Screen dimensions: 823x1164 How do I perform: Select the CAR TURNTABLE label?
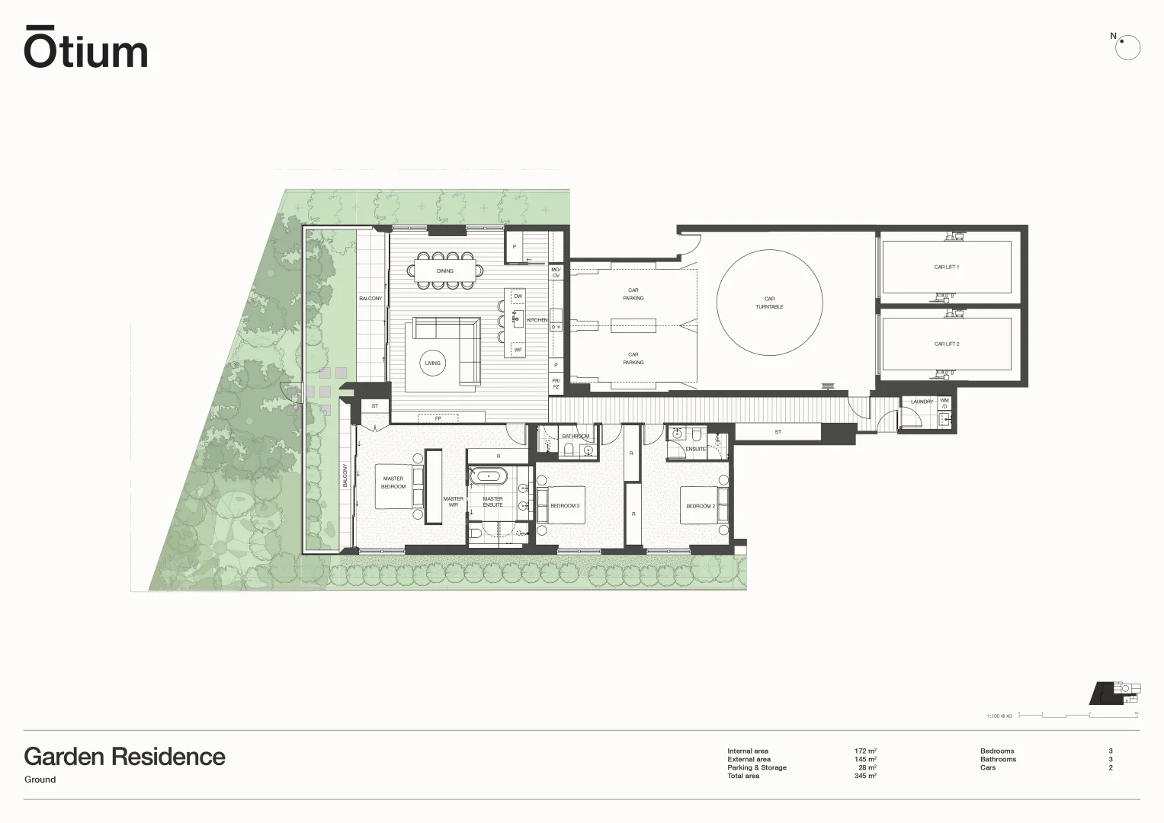click(x=769, y=303)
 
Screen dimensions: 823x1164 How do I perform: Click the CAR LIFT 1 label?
click(x=946, y=267)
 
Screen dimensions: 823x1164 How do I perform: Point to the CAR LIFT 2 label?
click(x=946, y=344)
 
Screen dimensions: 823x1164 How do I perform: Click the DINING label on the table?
click(x=444, y=271)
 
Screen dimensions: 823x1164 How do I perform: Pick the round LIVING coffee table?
click(x=433, y=363)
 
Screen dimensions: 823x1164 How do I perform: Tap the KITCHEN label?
click(x=537, y=320)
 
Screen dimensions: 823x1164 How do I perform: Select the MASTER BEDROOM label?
click(x=393, y=482)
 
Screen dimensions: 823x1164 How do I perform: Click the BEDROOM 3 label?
click(x=565, y=506)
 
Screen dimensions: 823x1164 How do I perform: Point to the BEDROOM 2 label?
click(x=700, y=506)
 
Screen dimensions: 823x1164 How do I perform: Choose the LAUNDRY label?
click(x=922, y=402)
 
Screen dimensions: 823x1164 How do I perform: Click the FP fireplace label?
click(x=438, y=418)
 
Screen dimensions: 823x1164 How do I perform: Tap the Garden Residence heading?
click(x=124, y=757)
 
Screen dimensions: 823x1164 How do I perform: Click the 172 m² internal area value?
click(x=865, y=751)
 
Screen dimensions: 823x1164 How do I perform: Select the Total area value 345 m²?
click(x=865, y=776)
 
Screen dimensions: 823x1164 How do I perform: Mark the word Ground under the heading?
click(x=40, y=780)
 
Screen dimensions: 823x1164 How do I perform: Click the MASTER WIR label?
click(x=453, y=501)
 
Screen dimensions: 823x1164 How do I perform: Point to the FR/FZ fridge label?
click(x=556, y=383)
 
